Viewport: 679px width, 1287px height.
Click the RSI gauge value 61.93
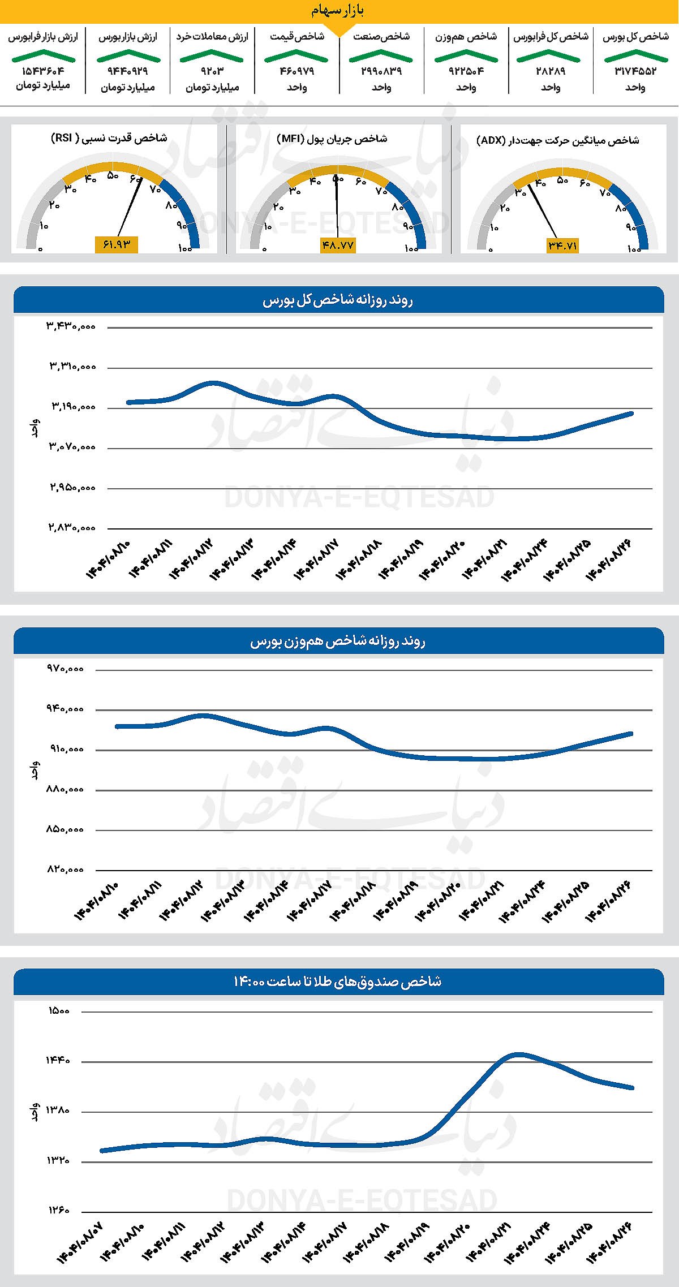(x=117, y=244)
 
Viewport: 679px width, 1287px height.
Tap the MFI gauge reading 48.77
(x=338, y=245)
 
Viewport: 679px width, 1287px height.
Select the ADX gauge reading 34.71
(x=562, y=245)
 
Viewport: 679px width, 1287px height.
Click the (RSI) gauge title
(x=109, y=138)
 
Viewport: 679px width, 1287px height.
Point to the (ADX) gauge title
(x=557, y=140)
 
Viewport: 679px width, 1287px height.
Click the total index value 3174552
(x=635, y=71)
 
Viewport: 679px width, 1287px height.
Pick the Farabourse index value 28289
(x=551, y=71)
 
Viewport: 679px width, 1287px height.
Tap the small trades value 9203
(x=212, y=71)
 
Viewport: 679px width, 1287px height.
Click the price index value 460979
(x=296, y=71)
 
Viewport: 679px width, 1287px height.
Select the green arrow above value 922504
(x=466, y=55)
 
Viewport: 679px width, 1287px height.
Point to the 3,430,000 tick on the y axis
(x=71, y=326)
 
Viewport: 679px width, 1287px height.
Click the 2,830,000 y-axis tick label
(x=71, y=528)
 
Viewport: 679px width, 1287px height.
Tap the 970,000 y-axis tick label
(x=65, y=669)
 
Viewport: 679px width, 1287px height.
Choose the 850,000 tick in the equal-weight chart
(x=65, y=830)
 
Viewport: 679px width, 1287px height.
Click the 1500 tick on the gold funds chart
(x=58, y=1011)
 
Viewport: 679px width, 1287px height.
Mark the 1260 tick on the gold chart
(x=58, y=1211)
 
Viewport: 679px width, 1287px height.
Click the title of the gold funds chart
(x=338, y=982)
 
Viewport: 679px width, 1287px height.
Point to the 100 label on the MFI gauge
(x=411, y=248)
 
